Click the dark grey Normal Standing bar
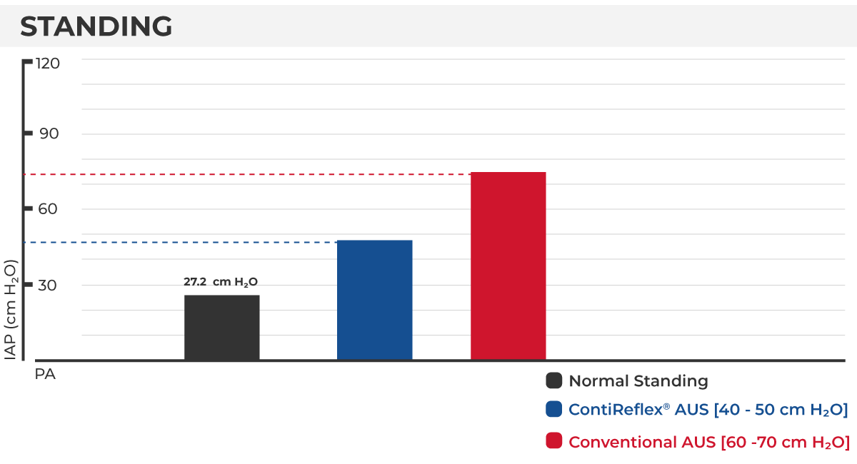click(222, 327)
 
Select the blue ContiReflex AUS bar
click(375, 300)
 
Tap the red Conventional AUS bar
click(508, 266)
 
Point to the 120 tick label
click(49, 63)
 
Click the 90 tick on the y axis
click(49, 133)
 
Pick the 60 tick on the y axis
click(49, 209)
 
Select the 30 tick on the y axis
click(49, 285)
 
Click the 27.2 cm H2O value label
click(221, 282)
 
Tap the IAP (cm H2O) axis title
click(11, 308)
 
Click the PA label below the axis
click(45, 374)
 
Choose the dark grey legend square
click(553, 380)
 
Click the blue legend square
click(553, 410)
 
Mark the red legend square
click(553, 441)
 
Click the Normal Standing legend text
click(638, 381)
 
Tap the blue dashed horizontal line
click(179, 243)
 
